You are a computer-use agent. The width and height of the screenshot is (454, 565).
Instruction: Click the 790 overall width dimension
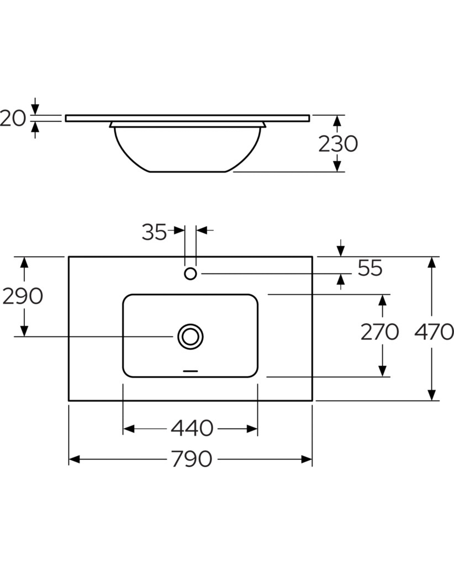click(x=192, y=459)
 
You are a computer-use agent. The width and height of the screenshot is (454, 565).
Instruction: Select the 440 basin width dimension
click(x=192, y=428)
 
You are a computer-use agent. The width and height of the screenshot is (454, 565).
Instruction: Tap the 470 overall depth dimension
click(x=434, y=332)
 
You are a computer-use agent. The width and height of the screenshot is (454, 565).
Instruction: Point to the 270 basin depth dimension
click(x=380, y=332)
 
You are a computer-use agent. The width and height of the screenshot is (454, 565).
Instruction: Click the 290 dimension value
click(x=23, y=296)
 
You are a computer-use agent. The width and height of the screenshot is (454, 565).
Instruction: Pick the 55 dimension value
click(x=370, y=268)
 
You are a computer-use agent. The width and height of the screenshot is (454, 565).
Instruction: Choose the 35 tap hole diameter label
click(x=154, y=232)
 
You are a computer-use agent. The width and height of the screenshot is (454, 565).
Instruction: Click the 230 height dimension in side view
click(x=338, y=144)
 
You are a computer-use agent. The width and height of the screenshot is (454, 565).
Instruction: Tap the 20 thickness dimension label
click(x=13, y=118)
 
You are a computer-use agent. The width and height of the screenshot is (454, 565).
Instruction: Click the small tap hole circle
click(x=191, y=274)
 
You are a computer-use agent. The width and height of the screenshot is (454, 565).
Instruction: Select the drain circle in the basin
click(x=191, y=337)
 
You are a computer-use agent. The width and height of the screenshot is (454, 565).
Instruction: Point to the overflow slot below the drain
click(x=191, y=371)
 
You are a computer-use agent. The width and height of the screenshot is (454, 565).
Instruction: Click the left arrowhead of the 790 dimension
click(x=74, y=459)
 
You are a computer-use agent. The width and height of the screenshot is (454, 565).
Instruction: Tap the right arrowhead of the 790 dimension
click(x=307, y=459)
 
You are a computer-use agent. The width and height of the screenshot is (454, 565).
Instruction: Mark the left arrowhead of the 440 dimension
click(x=129, y=429)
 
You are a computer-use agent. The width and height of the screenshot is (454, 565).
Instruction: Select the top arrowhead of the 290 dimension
click(x=24, y=262)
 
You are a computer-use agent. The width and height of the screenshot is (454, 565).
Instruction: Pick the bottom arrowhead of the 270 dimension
click(x=383, y=371)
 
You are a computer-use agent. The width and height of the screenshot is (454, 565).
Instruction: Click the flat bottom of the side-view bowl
click(x=188, y=172)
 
